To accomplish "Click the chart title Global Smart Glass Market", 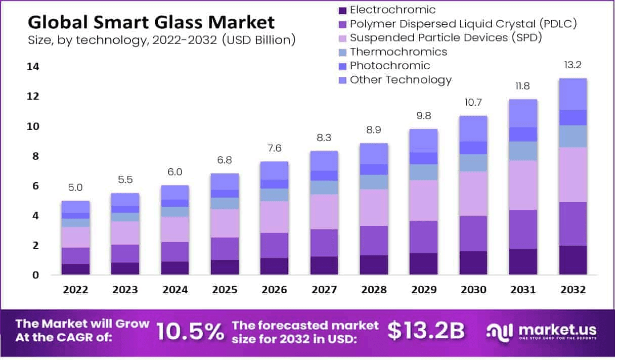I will (151, 22).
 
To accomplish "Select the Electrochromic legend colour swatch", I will (342, 10).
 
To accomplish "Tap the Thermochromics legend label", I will (399, 52).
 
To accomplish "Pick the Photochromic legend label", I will (390, 66).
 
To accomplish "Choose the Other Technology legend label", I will (401, 80).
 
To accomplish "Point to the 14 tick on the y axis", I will (34, 67).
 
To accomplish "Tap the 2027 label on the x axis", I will (324, 290).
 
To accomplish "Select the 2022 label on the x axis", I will (75, 290).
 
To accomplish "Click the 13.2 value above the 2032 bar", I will (572, 65).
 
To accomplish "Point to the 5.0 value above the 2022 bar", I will (75, 188).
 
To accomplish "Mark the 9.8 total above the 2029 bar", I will (424, 116).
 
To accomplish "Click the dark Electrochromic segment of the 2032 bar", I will (572, 260).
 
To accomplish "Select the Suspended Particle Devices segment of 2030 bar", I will (473, 194).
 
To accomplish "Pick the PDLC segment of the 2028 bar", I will (374, 241).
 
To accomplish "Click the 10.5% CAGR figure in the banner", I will (190, 331).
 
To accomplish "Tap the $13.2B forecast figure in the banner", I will (426, 331).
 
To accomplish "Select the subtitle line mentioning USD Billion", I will (162, 40).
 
